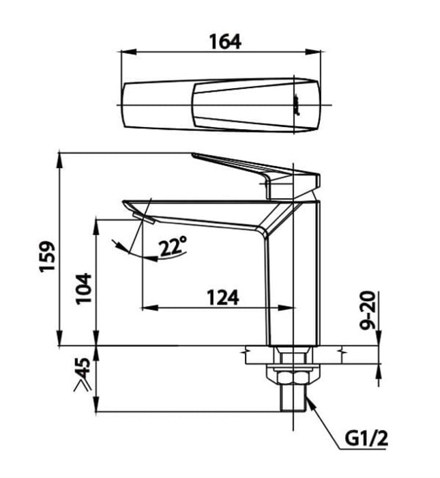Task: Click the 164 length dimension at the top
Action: click(224, 40)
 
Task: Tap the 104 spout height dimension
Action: click(83, 287)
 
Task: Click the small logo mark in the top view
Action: click(298, 105)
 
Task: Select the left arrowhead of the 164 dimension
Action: click(126, 51)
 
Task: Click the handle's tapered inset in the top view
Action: click(246, 105)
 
